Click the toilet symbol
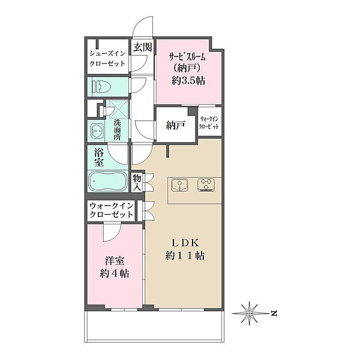pos(101,87)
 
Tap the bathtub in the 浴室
pos(107,181)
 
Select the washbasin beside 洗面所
pos(97,131)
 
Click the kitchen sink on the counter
pos(179,185)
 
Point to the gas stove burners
pos(206,185)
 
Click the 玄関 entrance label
pos(143,47)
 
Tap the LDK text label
pos(185,243)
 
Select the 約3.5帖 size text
pos(188,80)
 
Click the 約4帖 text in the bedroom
pos(115,273)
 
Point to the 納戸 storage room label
pos(175,125)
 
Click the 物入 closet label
pos(137,182)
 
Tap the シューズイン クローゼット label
pos(107,58)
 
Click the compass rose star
pos(250,313)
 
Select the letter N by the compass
pos(274,313)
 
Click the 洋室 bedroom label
pos(115,261)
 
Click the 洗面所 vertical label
pos(118,130)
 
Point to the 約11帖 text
pos(185,255)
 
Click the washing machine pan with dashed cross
pos(118,109)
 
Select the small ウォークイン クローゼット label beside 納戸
pos(209,123)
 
